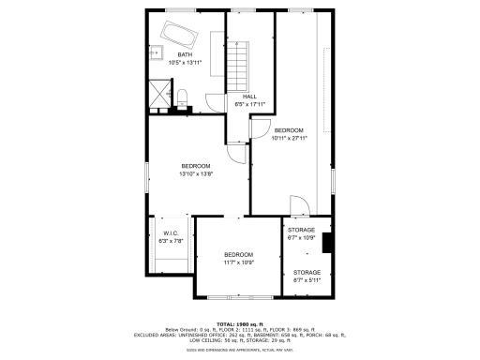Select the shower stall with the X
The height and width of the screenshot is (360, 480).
(x=160, y=94)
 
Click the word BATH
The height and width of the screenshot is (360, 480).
(x=185, y=54)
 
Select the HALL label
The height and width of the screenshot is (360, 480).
(x=249, y=96)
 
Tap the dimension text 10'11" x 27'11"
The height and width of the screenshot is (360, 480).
(x=289, y=138)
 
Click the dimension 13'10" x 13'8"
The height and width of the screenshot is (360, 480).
(x=196, y=173)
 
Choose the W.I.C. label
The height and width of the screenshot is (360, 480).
(x=171, y=232)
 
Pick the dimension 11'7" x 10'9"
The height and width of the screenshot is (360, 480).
(x=239, y=262)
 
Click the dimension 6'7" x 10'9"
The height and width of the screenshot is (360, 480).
(x=301, y=237)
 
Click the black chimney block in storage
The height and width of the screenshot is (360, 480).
(x=327, y=243)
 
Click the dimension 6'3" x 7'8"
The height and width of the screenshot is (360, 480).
(x=171, y=240)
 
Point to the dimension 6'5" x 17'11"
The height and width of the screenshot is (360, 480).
(x=249, y=103)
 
